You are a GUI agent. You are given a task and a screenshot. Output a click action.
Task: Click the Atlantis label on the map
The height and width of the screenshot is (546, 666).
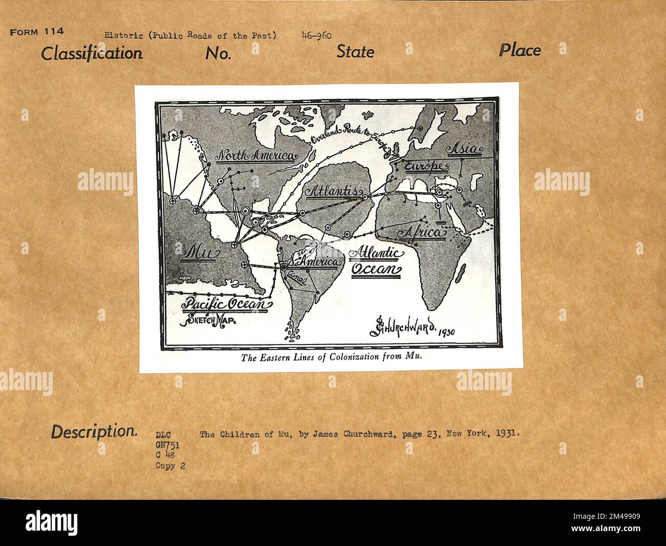[332, 191]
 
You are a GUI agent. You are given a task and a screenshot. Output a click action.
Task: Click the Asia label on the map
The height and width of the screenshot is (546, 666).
[464, 150]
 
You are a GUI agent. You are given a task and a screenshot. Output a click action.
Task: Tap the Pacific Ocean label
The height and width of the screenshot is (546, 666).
[226, 304]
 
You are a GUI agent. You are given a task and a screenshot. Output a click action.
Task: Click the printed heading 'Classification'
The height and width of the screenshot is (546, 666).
[92, 53]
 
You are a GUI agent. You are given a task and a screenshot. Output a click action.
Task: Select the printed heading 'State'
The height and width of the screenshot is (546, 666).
[355, 51]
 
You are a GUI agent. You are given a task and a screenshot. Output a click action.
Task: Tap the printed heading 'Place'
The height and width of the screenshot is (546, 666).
[519, 50]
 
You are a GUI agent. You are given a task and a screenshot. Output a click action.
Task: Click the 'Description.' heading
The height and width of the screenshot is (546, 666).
[94, 432]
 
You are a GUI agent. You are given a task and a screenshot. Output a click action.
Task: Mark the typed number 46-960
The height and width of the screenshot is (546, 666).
[317, 35]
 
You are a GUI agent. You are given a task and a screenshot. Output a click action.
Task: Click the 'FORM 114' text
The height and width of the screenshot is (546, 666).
[36, 32]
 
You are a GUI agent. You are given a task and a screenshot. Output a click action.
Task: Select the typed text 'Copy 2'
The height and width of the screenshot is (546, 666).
[170, 466]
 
